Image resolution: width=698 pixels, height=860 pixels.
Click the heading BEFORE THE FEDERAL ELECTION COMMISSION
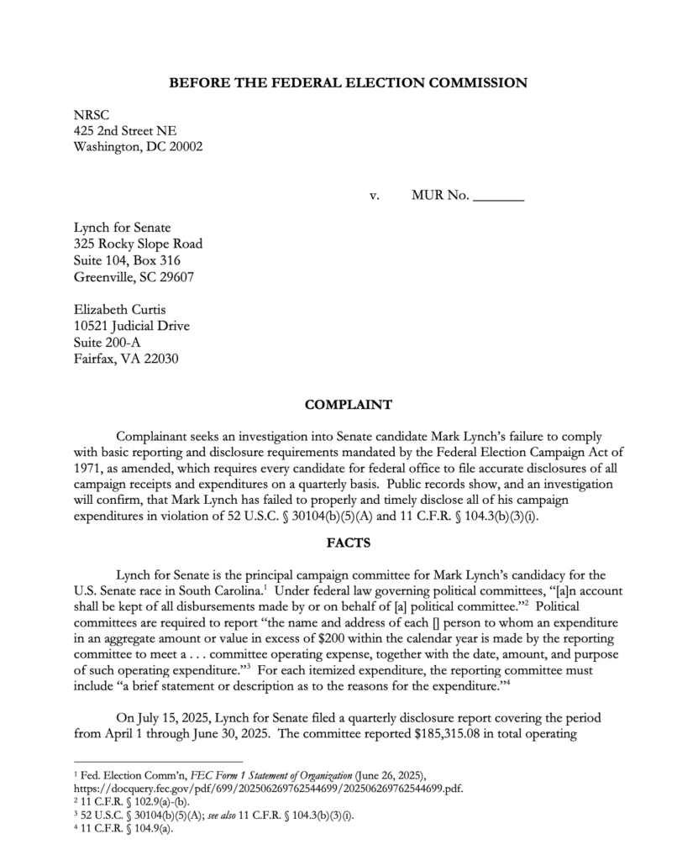tap(348, 83)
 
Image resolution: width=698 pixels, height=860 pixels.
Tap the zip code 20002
tap(183, 146)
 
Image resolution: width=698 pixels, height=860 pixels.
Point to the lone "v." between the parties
tap(375, 197)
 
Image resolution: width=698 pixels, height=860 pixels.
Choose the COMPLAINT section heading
tap(348, 405)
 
